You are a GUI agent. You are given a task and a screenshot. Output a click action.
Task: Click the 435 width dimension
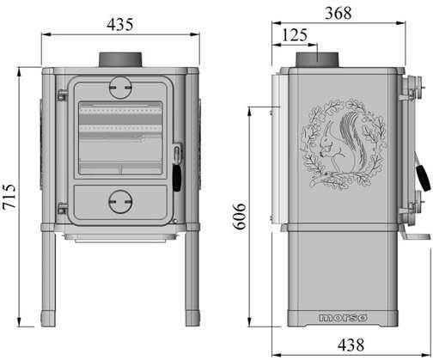tap(120, 24)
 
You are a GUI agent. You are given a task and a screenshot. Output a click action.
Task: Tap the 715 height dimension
tap(9, 196)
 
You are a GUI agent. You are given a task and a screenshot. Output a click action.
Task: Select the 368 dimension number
tap(338, 13)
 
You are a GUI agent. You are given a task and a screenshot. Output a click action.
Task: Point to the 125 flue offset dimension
tap(295, 35)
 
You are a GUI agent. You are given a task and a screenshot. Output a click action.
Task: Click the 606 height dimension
tap(240, 217)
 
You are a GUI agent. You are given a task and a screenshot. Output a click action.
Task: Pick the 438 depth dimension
tap(351, 345)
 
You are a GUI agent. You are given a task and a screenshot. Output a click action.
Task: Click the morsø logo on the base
tap(343, 318)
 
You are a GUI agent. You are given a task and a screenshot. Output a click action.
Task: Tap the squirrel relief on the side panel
tap(344, 144)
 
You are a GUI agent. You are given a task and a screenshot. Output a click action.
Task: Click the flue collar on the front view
tap(120, 59)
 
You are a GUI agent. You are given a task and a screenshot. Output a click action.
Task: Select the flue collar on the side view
tap(317, 60)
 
